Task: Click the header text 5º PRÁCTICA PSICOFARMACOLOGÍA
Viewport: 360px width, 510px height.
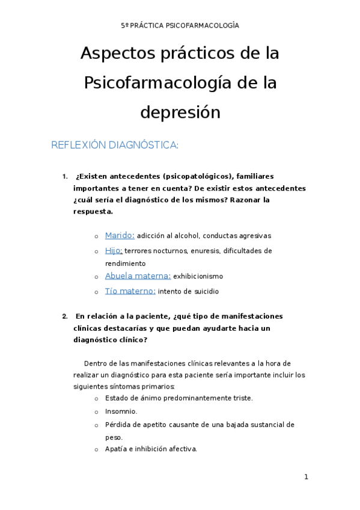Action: [180, 25]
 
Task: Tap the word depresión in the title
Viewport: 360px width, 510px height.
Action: [180, 112]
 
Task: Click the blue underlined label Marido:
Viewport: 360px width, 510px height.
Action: [120, 236]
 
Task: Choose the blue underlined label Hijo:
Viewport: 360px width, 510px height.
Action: [114, 250]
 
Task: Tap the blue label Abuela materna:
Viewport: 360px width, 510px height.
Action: [138, 276]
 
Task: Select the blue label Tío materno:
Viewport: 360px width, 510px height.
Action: [130, 291]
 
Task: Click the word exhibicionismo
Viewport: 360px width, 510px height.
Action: [198, 277]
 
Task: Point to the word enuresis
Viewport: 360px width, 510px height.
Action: [206, 251]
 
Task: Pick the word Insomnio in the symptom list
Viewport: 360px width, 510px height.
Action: [121, 411]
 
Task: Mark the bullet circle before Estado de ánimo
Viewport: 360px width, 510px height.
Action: [96, 399]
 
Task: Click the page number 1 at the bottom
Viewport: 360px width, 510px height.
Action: [306, 478]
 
